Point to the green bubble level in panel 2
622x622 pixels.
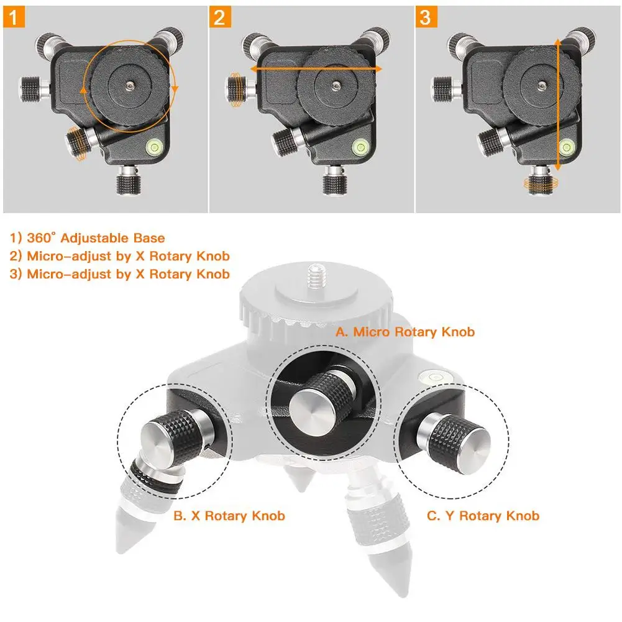[360, 147]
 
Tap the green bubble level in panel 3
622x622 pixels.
[566, 147]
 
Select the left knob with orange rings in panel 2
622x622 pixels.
[236, 88]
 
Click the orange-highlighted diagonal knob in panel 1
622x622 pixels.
[76, 144]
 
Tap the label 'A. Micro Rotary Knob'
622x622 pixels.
[405, 332]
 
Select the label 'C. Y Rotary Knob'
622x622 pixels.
[483, 516]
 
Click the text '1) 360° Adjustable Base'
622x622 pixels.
[88, 238]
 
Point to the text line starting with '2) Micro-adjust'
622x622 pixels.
[120, 256]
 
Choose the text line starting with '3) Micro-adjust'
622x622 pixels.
[120, 274]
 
